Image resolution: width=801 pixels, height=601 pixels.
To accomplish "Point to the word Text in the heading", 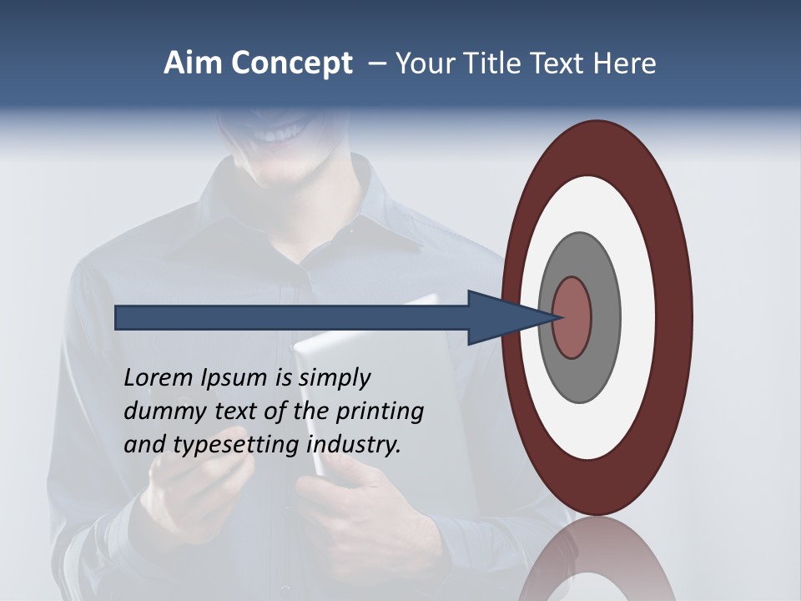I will pyautogui.click(x=561, y=63).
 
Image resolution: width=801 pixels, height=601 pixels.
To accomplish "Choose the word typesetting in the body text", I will pyautogui.click(x=235, y=446).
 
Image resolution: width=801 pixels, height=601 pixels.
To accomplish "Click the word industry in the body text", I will pyautogui.click(x=354, y=445).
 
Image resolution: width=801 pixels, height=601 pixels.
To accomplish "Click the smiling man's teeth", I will pyautogui.click(x=280, y=134).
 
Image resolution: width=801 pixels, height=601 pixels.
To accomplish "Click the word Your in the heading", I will pyautogui.click(x=422, y=63).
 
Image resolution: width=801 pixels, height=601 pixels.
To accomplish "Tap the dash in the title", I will pyautogui.click(x=377, y=63).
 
